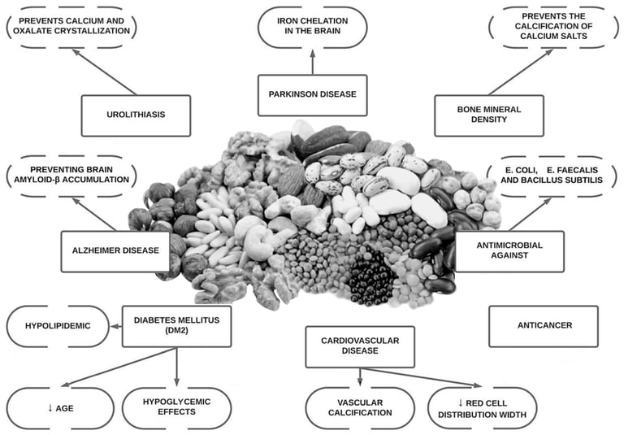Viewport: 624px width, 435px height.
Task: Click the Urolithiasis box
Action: click(x=136, y=115)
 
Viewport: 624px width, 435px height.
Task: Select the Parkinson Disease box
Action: click(x=312, y=95)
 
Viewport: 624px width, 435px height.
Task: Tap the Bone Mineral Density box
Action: click(x=489, y=115)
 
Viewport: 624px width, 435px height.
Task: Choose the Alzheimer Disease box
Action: click(x=115, y=251)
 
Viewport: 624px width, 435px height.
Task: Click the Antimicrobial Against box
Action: click(x=509, y=251)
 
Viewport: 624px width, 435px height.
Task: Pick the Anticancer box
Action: click(x=544, y=326)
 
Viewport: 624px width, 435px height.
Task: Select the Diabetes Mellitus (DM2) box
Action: click(x=176, y=326)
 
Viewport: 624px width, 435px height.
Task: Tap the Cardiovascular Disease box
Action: click(x=360, y=346)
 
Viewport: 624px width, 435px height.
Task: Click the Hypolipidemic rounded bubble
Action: click(x=58, y=326)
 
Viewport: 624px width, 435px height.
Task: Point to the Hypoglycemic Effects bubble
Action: click(x=176, y=407)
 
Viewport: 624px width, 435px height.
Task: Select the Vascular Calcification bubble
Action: click(x=360, y=407)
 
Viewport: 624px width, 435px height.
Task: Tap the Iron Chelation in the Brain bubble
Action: click(x=312, y=27)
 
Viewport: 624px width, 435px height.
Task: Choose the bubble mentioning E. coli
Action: click(x=552, y=176)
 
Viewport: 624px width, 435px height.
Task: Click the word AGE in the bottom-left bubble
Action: click(x=64, y=408)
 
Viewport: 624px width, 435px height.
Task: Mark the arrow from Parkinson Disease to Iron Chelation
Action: click(x=312, y=62)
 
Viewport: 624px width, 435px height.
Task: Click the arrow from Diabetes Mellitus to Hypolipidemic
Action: click(x=116, y=326)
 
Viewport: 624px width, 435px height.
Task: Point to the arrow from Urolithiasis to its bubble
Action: click(x=104, y=72)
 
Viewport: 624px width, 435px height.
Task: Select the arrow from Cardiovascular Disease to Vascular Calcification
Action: click(x=360, y=376)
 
